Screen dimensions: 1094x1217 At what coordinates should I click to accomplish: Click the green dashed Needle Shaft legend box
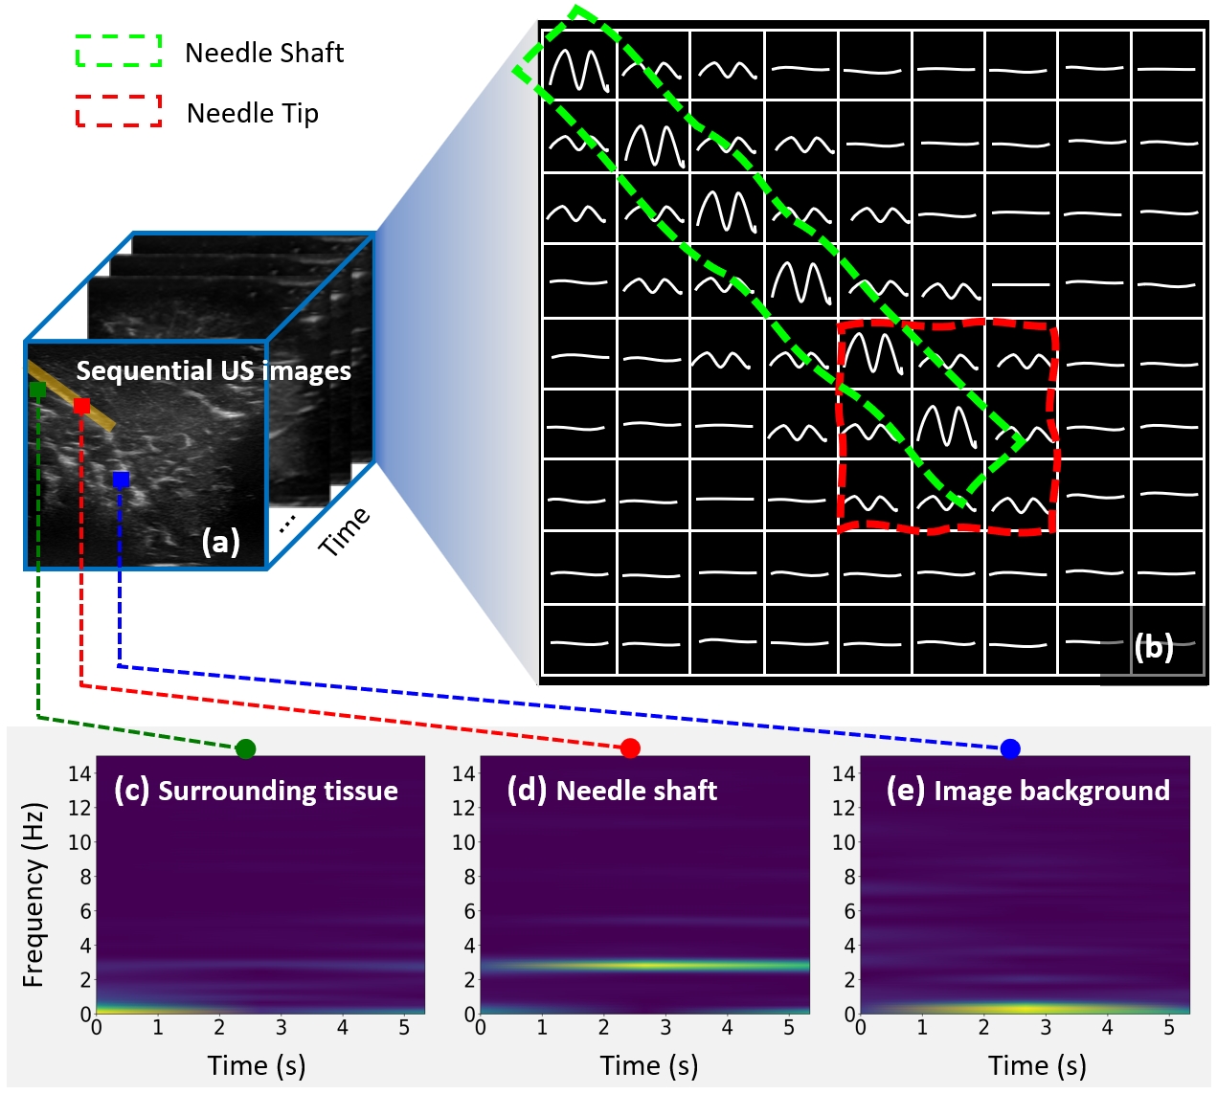click(119, 51)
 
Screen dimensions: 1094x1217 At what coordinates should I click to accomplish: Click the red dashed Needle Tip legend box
click(119, 111)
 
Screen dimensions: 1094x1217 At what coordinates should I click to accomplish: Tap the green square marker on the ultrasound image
click(37, 390)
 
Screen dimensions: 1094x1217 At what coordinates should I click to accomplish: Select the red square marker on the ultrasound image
click(81, 406)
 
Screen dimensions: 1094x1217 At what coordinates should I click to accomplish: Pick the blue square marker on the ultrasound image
click(121, 480)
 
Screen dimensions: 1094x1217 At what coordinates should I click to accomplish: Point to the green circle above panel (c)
click(245, 748)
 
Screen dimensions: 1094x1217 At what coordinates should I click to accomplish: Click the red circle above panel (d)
click(630, 748)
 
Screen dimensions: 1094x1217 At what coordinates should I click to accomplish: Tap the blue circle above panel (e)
click(1010, 748)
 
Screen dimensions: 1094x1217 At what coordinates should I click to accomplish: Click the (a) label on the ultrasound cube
click(220, 542)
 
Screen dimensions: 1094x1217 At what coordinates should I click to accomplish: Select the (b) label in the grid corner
click(1154, 648)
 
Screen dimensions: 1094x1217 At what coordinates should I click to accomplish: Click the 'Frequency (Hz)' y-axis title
click(34, 894)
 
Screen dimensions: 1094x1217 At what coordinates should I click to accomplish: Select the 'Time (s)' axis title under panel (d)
click(648, 1065)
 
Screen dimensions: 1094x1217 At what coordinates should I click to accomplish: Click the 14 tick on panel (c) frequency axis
click(79, 773)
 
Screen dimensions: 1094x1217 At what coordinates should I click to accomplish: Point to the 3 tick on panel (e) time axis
click(1046, 1028)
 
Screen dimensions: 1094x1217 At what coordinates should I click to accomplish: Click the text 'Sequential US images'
click(214, 371)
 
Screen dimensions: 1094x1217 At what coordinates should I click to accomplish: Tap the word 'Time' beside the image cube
click(344, 531)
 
